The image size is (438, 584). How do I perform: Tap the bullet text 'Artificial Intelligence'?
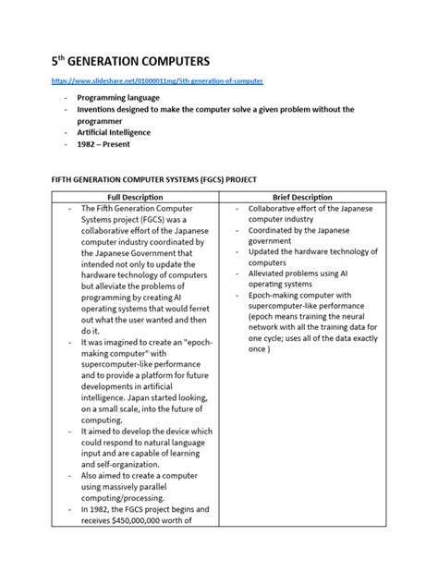point(113,132)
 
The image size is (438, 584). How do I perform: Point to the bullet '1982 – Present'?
point(105,144)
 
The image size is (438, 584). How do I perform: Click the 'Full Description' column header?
point(135,198)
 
